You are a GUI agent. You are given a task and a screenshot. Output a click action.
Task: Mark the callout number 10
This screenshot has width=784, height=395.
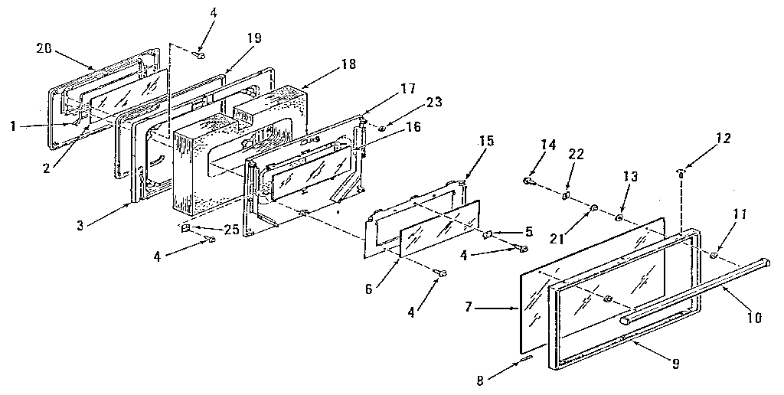coord(753,316)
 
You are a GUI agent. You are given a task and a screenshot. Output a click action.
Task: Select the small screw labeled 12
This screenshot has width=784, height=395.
coord(680,172)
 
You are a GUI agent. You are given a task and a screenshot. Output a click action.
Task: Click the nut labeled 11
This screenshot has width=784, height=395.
coord(714,256)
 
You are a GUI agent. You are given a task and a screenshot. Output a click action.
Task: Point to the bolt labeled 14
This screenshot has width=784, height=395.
coord(528,181)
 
